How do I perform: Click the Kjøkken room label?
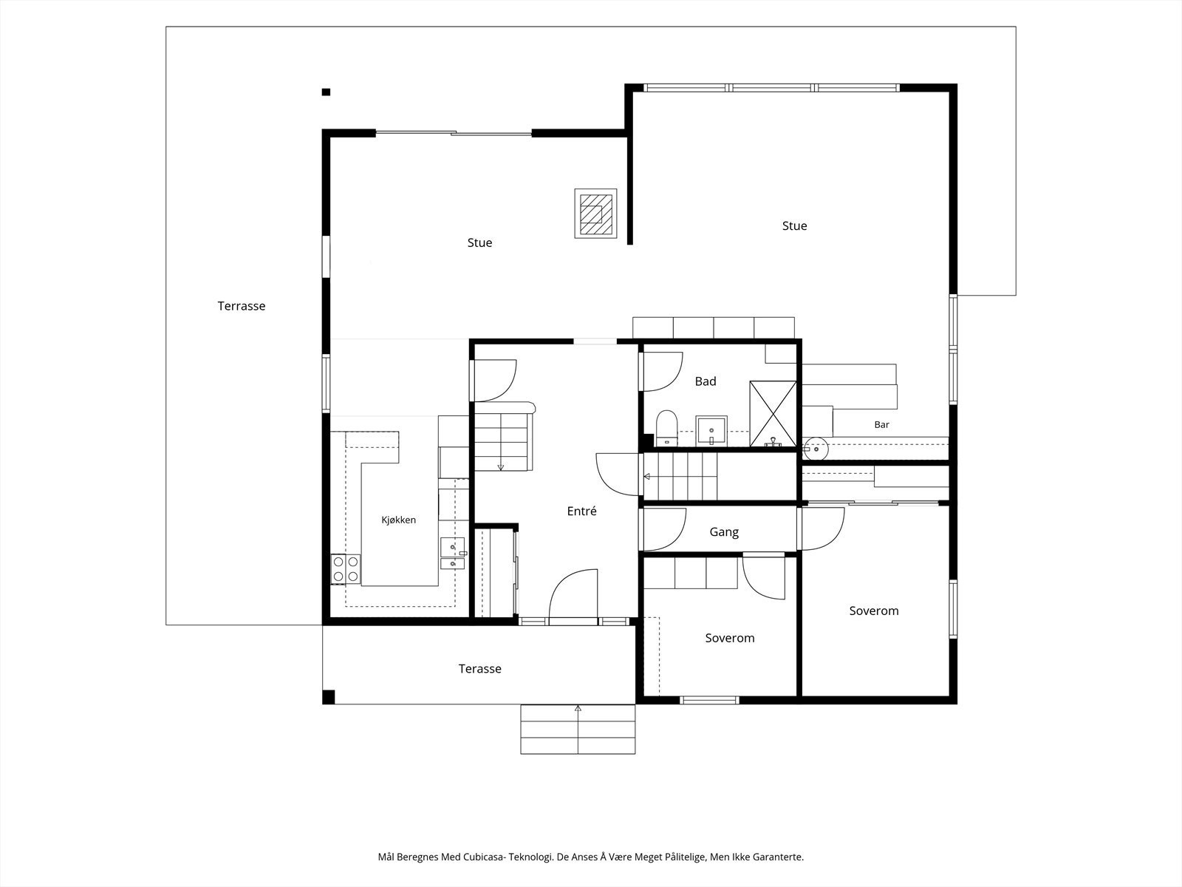coord(398,520)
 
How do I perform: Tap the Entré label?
coord(581,511)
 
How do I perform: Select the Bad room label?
coord(706,381)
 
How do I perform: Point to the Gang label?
coord(724,532)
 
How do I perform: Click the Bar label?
coord(881,424)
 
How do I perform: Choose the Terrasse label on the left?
coord(242,306)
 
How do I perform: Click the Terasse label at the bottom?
coord(479,668)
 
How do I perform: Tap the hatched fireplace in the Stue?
coord(595,214)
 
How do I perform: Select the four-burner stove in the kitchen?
coord(345,569)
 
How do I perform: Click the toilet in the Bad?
coord(666,428)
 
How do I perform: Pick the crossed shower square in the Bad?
coord(773,414)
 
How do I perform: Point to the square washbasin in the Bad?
coord(711,431)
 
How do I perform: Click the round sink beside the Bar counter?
coord(816,448)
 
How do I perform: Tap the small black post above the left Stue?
coord(326,92)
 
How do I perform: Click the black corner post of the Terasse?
coord(329,697)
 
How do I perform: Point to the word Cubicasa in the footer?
coord(482,857)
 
